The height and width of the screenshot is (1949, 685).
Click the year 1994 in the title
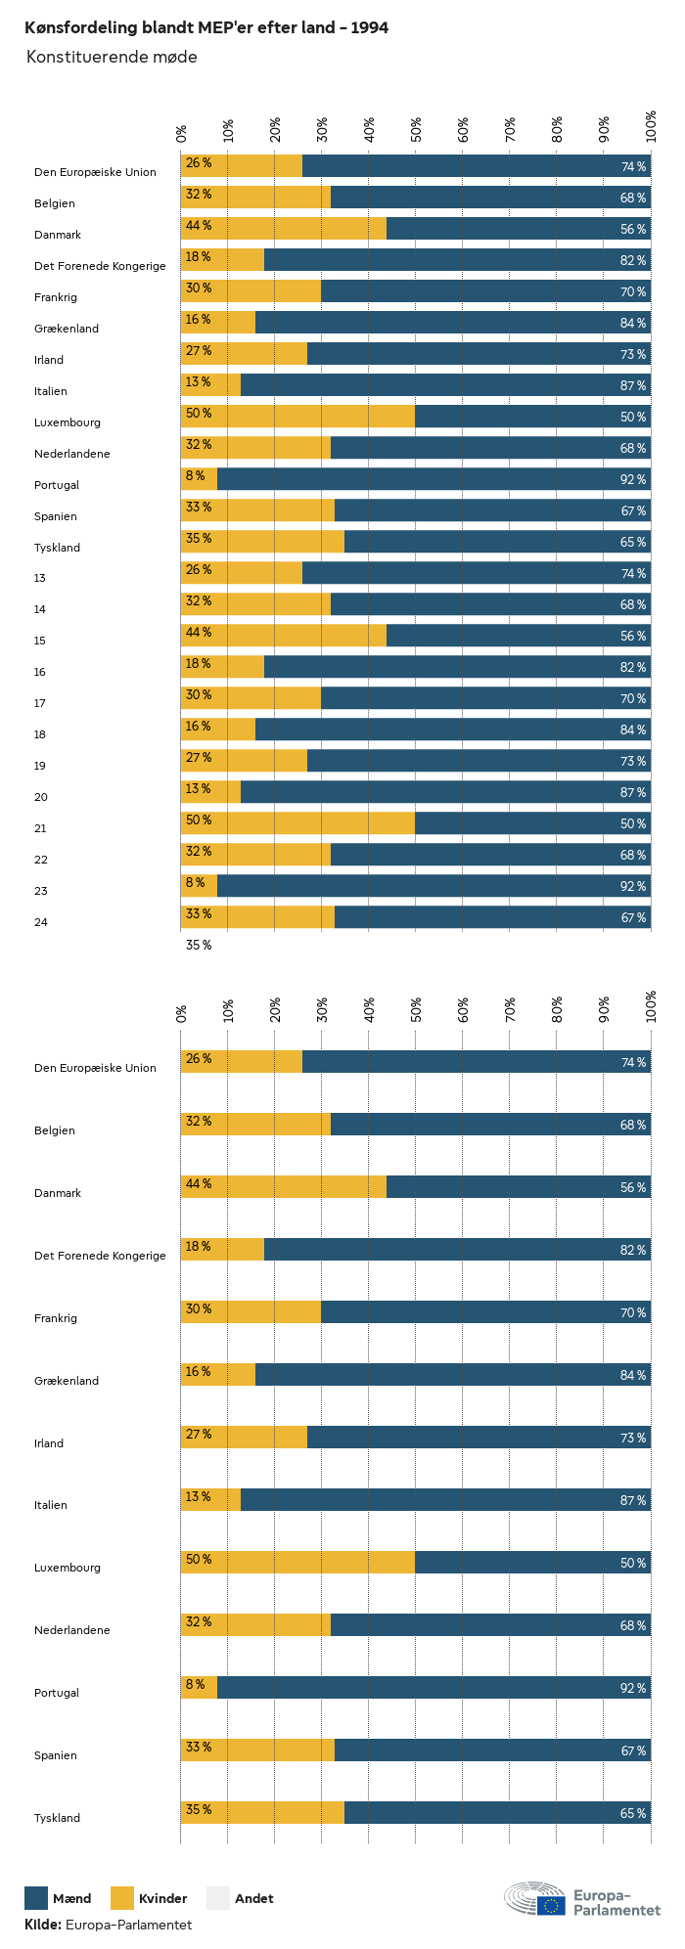point(370,28)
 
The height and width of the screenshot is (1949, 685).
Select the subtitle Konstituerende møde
point(112,58)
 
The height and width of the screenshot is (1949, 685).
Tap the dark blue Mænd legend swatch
point(36,1898)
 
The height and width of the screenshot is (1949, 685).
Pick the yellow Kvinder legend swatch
point(122,1898)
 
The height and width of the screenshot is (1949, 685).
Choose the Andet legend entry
point(253,1899)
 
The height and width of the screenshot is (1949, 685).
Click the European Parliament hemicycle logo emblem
point(534,1898)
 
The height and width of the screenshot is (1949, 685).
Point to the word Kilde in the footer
point(42,1925)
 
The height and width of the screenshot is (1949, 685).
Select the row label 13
point(40,578)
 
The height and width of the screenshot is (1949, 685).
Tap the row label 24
point(40,922)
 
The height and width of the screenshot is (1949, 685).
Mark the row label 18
point(40,734)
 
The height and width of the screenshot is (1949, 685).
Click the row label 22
point(40,860)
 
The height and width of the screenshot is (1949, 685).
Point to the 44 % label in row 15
point(199,633)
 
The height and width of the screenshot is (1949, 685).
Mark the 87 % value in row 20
point(633,793)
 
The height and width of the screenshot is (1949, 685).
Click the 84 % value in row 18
point(633,731)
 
